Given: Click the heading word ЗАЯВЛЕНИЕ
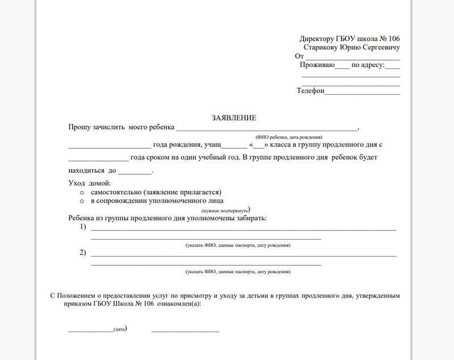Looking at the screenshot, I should [234, 118].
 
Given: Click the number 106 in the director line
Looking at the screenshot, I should [392, 39].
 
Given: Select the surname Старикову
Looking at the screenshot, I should [321, 48].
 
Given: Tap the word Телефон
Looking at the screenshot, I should [310, 91].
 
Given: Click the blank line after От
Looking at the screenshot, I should [352, 58].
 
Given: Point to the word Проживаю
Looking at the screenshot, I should [317, 65].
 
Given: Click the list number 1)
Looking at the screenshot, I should [83, 227].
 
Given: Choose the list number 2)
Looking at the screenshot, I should [83, 253].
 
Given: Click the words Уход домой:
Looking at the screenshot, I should [89, 183].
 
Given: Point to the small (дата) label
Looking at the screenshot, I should [119, 329].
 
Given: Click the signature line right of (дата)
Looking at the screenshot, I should [185, 329].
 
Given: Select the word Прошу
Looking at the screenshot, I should [79, 127].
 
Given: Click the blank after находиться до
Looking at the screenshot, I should [135, 171].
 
